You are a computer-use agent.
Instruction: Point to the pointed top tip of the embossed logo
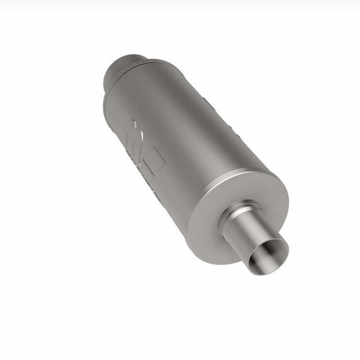[x=134, y=121]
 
